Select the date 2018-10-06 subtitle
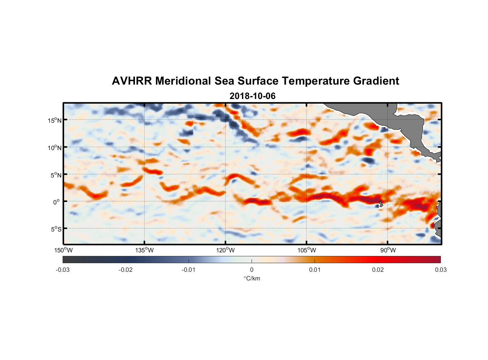[x=252, y=96]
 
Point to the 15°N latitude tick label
[x=55, y=120]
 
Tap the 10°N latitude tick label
[x=55, y=148]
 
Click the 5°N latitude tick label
[x=56, y=175]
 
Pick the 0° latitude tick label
[x=57, y=202]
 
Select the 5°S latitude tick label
[x=56, y=229]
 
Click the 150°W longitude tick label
[x=63, y=250]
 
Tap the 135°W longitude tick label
[x=144, y=250]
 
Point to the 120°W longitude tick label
[x=225, y=250]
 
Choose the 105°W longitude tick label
[x=307, y=250]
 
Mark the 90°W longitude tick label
[x=388, y=250]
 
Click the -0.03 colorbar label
[x=63, y=270]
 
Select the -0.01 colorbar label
[x=189, y=270]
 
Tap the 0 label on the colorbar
[x=252, y=270]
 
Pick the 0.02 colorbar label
[x=378, y=270]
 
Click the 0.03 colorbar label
[x=440, y=270]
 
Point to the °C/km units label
[x=252, y=278]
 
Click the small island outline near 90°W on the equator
[x=381, y=204]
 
